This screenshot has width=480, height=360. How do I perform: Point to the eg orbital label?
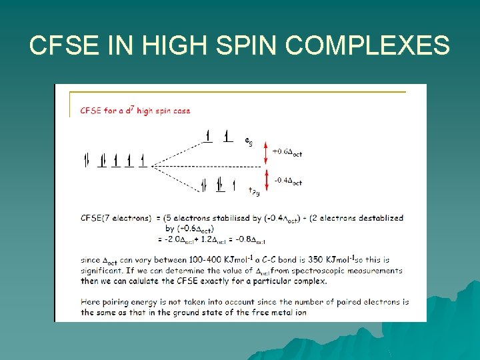coord(248,141)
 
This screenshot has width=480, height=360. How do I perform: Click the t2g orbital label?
coord(253,191)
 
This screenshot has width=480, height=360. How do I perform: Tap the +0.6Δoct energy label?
coord(287,152)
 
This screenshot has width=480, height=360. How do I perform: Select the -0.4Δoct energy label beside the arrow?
coord(288,181)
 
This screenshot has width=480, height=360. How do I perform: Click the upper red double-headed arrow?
coord(266,153)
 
